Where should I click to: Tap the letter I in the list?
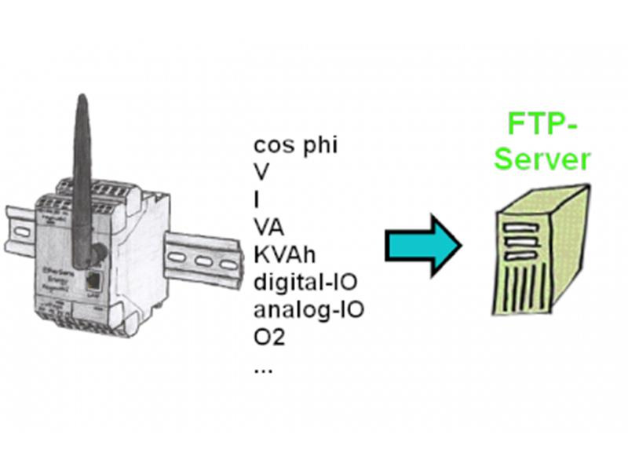[257, 199]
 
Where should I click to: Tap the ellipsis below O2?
[263, 367]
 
